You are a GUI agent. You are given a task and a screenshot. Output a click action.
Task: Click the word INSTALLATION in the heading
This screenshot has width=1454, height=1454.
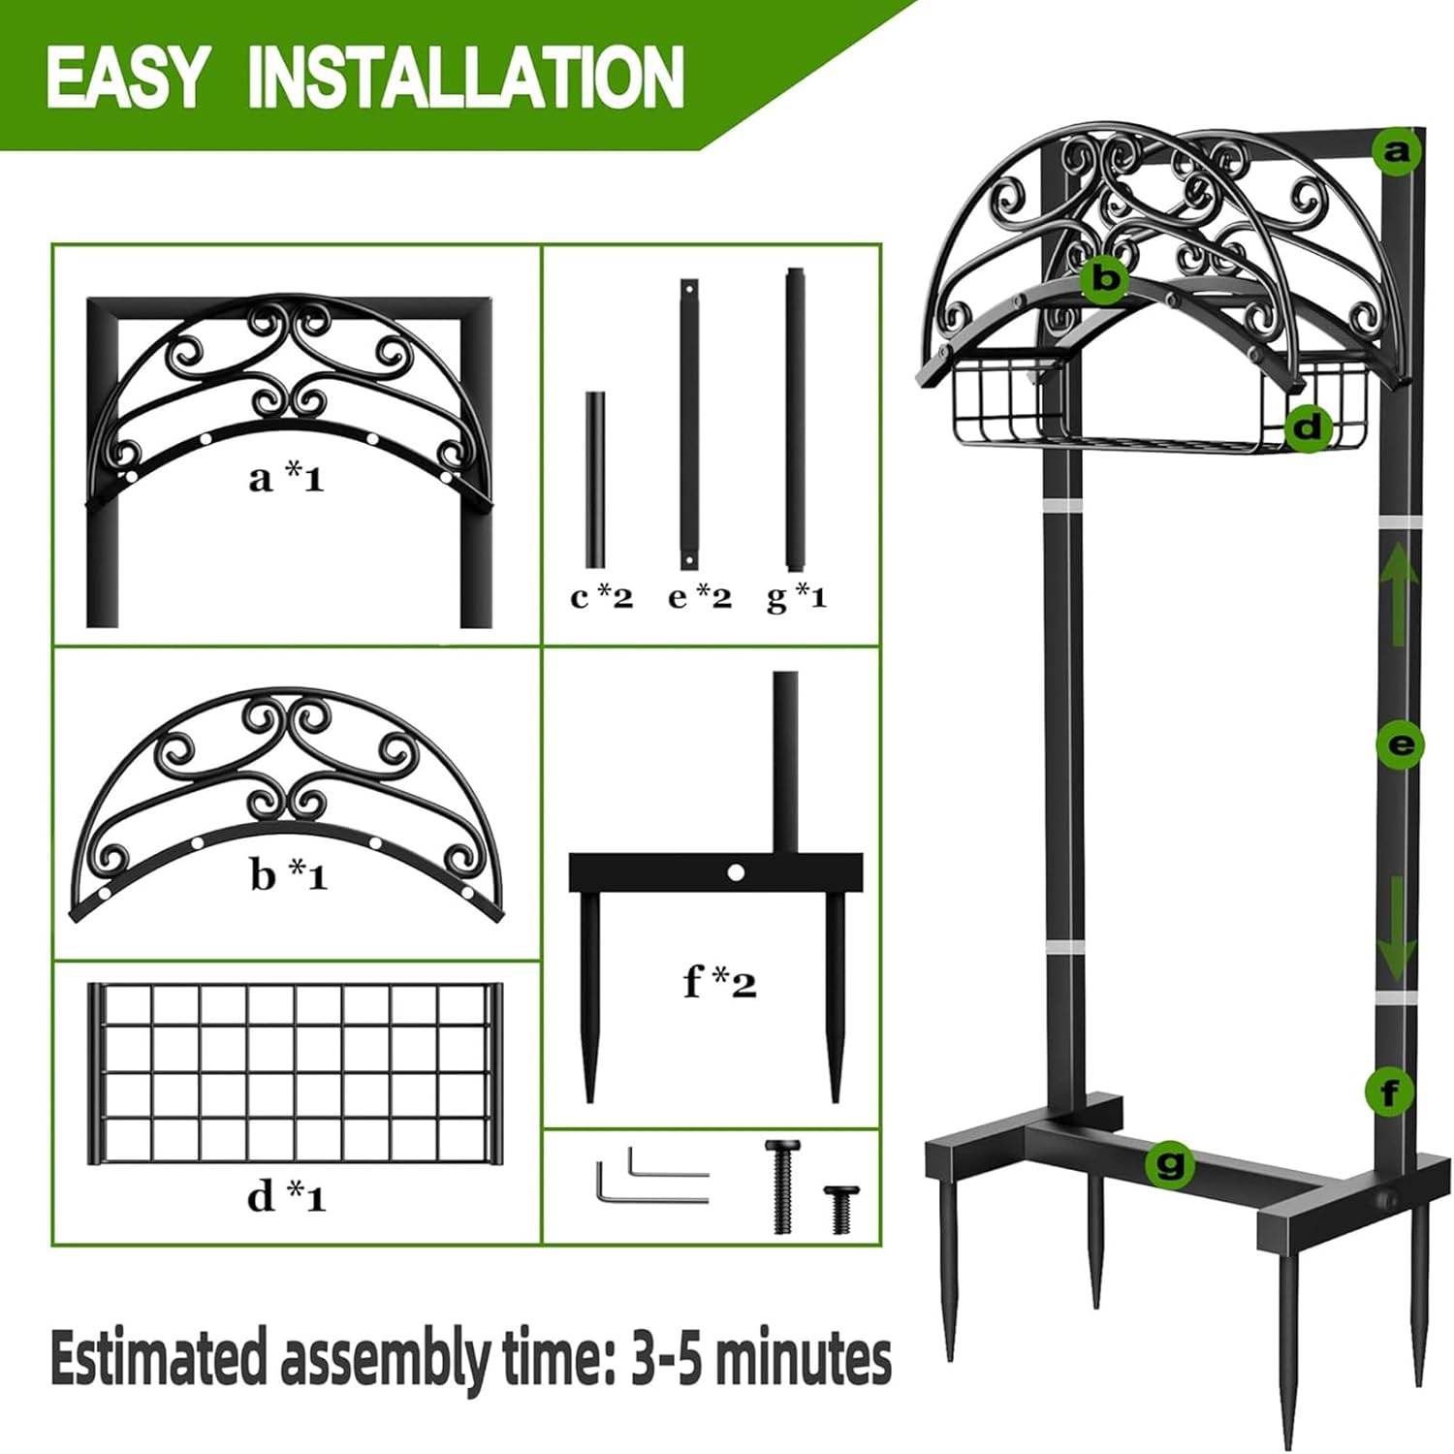pos(466,78)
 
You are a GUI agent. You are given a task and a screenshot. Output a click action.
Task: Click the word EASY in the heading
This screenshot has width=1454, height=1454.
pos(127,78)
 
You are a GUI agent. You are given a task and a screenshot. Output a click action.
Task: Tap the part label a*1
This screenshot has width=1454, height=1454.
pos(286,478)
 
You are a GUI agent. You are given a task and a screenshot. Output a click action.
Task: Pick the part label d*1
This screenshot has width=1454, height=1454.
pos(287,1197)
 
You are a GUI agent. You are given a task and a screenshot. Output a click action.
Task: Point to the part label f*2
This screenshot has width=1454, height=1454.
pos(719,983)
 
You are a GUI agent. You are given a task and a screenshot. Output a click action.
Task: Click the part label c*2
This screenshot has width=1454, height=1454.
pos(601,597)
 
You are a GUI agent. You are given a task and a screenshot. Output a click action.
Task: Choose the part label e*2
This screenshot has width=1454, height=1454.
pos(699,597)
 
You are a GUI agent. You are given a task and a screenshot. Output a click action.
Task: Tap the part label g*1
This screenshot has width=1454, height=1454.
pos(797,597)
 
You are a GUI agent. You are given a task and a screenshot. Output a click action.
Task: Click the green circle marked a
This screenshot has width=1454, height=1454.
pos(1397,151)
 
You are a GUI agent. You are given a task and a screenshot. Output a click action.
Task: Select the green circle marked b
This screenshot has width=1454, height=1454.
pos(1105,279)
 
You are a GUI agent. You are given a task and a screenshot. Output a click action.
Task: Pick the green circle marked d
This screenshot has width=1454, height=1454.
pos(1308,427)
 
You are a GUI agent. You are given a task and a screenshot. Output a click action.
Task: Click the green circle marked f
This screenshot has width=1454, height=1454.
pos(1389,1093)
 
